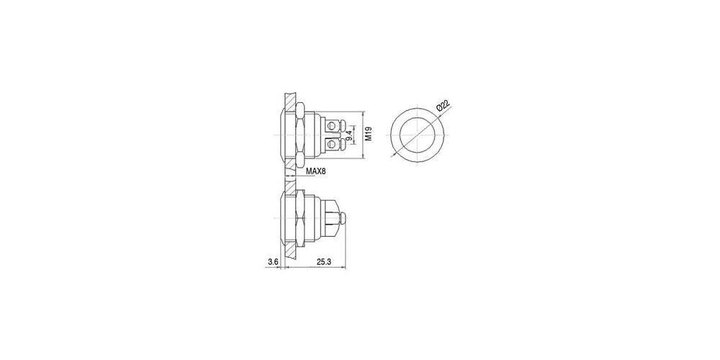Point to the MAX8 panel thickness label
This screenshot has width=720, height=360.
[315, 171]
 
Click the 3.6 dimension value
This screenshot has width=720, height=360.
[273, 262]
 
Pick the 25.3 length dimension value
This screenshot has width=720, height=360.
[324, 262]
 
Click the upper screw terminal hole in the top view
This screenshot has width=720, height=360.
[330, 124]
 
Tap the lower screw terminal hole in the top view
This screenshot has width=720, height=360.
[330, 145]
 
